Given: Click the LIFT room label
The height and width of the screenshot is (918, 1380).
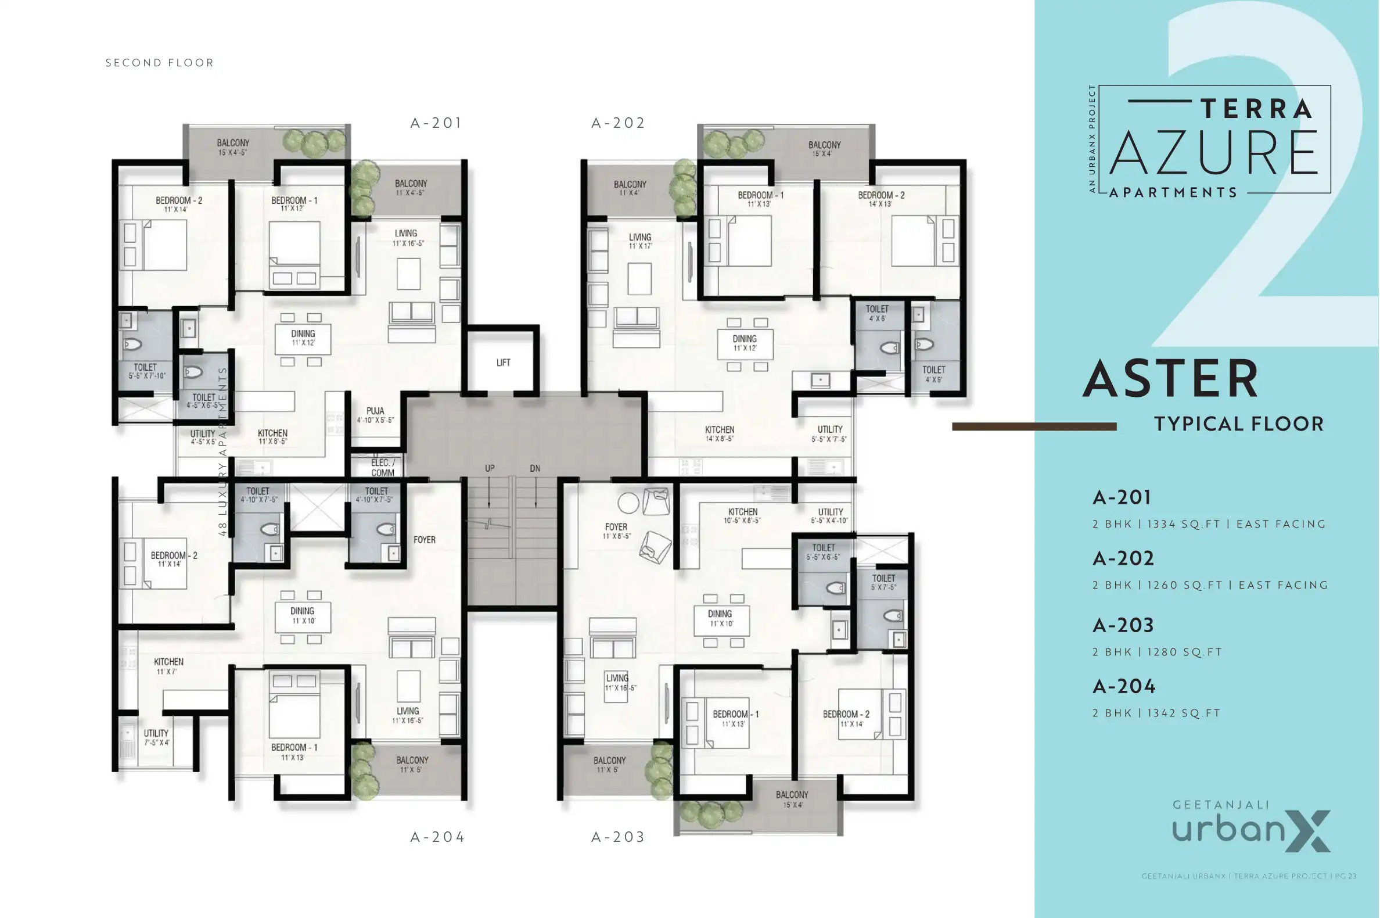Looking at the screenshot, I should pos(503,363).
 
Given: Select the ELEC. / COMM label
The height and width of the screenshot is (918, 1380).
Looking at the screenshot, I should pos(383,468).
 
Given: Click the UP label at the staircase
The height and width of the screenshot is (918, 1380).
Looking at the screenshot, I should pos(489,468).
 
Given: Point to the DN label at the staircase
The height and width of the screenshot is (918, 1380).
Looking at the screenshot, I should pos(535,468).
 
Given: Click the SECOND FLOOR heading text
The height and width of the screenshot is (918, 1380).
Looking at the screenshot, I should pos(159,63).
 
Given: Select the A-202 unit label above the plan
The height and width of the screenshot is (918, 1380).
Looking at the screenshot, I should pos(618,123).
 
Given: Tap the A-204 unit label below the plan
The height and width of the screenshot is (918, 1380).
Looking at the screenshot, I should pos(437,837).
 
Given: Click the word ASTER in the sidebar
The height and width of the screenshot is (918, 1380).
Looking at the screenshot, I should pos(1170,379).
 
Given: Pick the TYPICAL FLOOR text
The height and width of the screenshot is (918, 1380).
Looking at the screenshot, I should pos(1238,424).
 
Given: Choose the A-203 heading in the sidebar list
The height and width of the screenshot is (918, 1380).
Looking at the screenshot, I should pos(1123,625).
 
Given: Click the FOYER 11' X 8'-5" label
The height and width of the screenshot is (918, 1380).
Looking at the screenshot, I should pos(617,531).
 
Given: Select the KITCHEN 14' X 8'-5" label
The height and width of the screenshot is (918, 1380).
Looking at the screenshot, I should pos(719,434).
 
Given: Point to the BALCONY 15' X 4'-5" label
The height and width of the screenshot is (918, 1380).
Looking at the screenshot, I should pos(233,147).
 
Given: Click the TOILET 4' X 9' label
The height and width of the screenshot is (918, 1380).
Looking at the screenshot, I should pos(933,374).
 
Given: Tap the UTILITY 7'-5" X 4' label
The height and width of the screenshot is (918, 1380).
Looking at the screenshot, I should pos(156,738).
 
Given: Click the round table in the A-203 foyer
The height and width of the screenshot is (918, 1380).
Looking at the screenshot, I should pos(628,503).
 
